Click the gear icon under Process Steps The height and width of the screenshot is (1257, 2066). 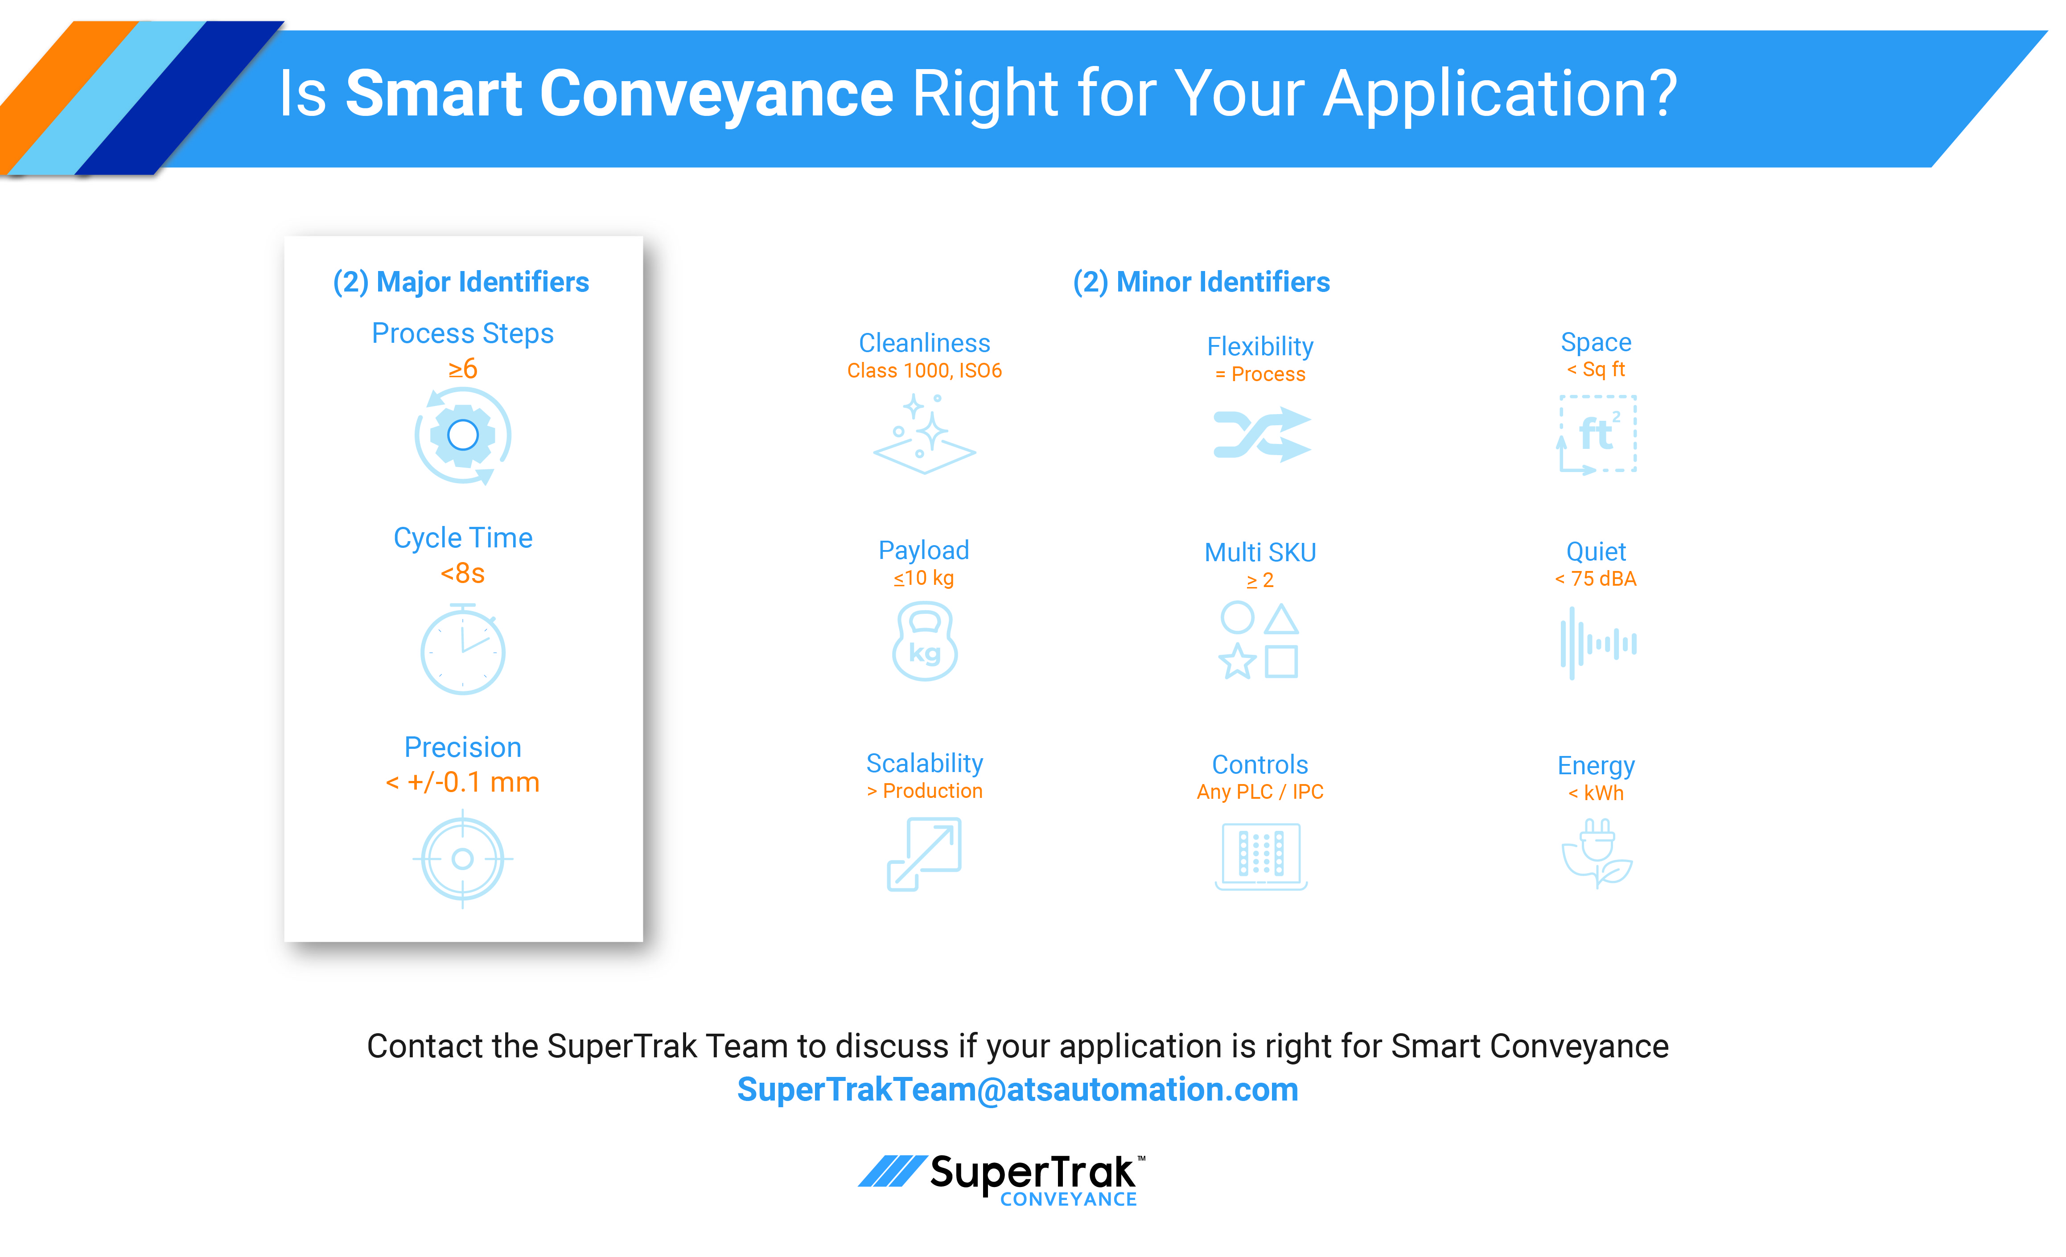(463, 435)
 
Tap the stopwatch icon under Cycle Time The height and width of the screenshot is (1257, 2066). (463, 650)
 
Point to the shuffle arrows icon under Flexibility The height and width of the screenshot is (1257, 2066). (1261, 434)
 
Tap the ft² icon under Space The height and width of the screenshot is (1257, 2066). (1597, 434)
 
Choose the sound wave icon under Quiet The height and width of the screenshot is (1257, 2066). (1597, 643)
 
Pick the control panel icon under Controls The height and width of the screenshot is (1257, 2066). (1261, 855)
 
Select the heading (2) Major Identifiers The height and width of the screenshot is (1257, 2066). (461, 282)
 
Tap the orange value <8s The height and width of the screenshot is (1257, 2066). (463, 574)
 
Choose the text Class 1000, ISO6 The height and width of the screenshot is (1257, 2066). (924, 371)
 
